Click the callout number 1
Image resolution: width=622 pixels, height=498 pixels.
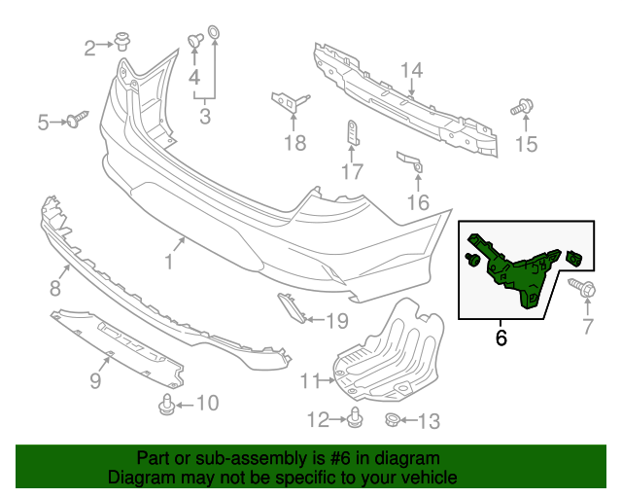(169, 261)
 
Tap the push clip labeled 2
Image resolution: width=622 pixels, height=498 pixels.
(122, 42)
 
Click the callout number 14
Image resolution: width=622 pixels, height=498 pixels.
(412, 70)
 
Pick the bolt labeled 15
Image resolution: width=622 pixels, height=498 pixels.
(523, 109)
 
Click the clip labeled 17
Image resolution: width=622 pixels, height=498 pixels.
(352, 133)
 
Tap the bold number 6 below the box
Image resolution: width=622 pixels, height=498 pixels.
(501, 338)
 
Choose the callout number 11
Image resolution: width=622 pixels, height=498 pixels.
(309, 380)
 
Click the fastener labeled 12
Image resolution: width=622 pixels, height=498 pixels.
(355, 419)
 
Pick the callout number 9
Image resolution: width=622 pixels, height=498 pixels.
(95, 380)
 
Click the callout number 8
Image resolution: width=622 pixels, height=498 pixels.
(54, 288)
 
